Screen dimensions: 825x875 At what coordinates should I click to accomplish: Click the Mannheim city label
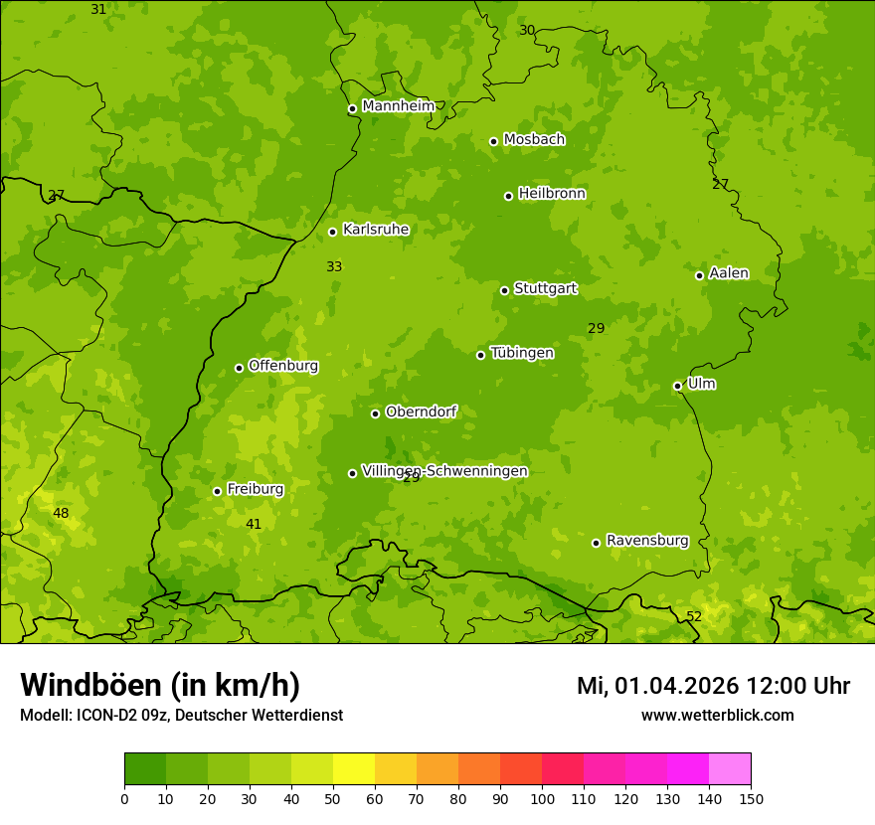[x=398, y=106]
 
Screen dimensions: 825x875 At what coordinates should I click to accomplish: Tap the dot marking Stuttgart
[x=504, y=290]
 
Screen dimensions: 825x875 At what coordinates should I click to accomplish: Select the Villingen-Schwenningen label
[x=444, y=471]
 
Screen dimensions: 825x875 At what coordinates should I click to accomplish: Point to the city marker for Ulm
[x=677, y=386]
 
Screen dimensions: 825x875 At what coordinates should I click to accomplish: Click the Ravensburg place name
[x=647, y=541]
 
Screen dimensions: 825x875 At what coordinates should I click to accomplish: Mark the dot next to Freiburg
[x=217, y=491]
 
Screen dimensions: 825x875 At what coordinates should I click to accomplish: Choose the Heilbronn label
[x=552, y=194]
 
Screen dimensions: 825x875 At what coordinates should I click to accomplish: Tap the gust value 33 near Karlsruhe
[x=334, y=266]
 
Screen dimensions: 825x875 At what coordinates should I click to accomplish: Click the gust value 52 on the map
[x=694, y=616]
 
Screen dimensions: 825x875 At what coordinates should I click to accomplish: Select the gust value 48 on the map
[x=61, y=513]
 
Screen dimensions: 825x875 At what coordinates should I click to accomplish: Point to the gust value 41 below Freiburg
[x=254, y=524]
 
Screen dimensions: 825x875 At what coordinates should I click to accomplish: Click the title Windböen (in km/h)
[x=160, y=685]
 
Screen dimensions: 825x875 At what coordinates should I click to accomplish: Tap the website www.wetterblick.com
[x=717, y=715]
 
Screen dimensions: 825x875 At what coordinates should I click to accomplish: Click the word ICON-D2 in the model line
[x=104, y=715]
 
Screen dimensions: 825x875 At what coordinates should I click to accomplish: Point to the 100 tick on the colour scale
[x=542, y=798]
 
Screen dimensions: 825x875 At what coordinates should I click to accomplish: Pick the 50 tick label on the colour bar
[x=333, y=798]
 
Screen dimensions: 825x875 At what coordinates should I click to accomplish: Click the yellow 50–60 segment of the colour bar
[x=354, y=769]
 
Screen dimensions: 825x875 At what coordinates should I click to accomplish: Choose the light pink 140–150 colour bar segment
[x=730, y=769]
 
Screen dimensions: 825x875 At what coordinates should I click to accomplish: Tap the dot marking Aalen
[x=699, y=275]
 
